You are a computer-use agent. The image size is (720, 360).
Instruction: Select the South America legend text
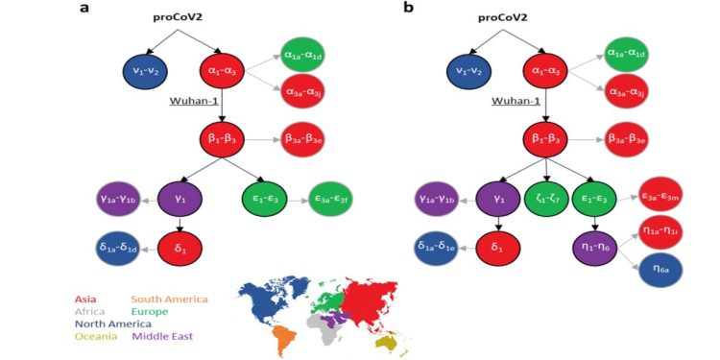point(169,299)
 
